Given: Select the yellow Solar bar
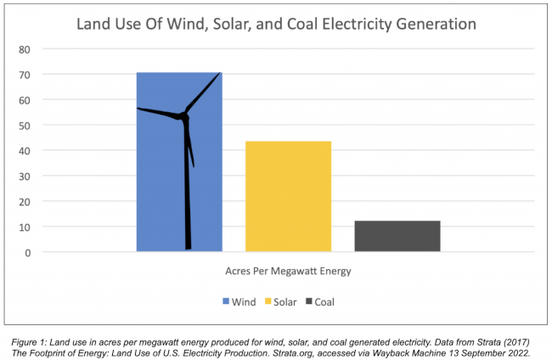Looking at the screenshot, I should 288,196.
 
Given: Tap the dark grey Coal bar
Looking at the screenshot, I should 397,236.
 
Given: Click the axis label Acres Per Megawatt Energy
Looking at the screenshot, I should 288,272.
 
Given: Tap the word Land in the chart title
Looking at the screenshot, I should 94,23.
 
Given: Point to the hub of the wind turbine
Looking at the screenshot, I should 184,115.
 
